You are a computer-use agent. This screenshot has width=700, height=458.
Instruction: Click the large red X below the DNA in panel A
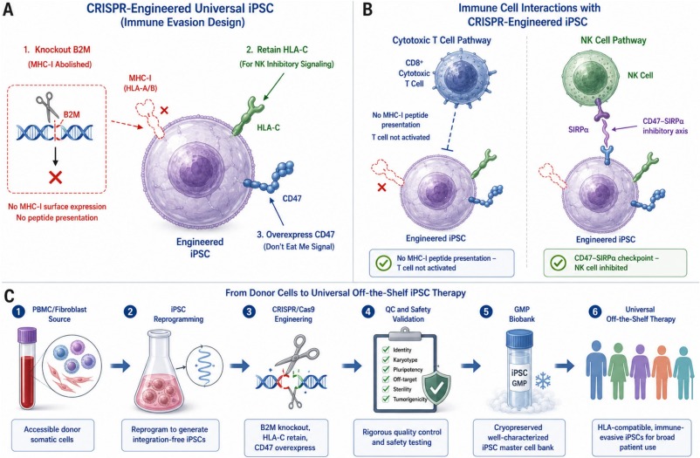coord(55,177)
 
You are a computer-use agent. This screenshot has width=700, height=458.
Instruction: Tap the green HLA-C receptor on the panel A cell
coord(247,117)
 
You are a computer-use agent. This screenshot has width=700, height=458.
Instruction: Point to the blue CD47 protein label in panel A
coord(292,198)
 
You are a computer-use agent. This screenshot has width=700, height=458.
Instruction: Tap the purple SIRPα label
coord(580,129)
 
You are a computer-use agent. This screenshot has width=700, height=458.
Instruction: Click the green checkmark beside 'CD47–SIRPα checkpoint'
coord(558,263)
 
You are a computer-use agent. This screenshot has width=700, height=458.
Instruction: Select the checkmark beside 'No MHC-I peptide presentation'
coord(383,263)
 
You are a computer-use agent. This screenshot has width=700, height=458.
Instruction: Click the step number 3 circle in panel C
coord(249,311)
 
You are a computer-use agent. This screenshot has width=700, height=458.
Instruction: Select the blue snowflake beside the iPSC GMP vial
coord(542,380)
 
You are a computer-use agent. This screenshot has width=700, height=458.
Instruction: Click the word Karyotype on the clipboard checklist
coord(405,359)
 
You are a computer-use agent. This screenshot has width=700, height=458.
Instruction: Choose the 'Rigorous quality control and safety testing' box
coord(401,437)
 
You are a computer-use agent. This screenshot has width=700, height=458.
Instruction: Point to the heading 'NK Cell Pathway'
coord(613,40)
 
